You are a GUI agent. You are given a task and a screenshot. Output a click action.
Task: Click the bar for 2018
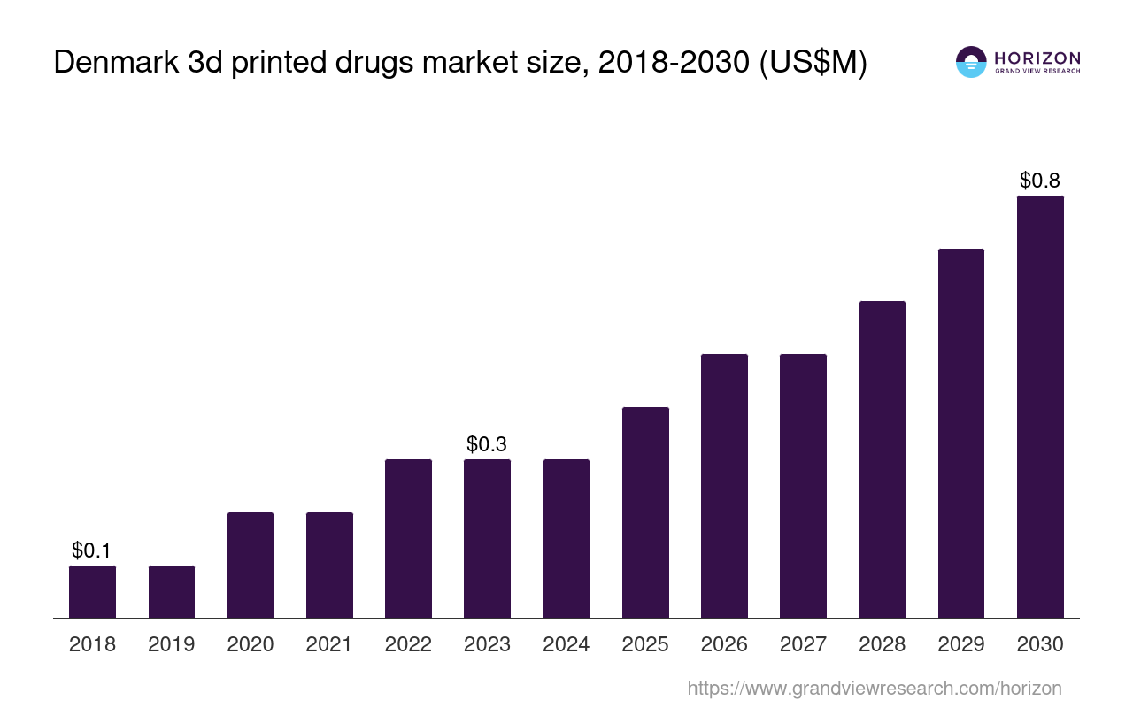92,591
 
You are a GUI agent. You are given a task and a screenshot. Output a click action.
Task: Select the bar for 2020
250,565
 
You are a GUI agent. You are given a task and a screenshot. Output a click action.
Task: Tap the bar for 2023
487,538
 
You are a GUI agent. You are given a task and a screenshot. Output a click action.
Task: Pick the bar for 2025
645,512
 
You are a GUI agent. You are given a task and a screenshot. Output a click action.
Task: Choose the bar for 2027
803,485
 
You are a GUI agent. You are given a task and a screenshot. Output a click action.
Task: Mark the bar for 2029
961,433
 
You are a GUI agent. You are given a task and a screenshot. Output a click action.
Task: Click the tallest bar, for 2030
1040,406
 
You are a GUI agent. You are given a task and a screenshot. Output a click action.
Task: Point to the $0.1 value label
92,550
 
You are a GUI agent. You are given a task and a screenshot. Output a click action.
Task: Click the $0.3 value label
487,443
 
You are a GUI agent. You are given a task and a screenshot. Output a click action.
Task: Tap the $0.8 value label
1040,181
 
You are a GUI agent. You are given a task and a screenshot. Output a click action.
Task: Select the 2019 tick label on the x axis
172,644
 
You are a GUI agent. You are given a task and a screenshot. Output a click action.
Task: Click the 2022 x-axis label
408,644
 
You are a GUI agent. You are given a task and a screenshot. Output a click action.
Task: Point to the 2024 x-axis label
566,644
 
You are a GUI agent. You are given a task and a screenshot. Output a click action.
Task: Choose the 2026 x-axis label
724,644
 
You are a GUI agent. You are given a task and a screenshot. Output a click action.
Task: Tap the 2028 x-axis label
883,644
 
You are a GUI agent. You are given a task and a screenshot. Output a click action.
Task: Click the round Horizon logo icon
971,62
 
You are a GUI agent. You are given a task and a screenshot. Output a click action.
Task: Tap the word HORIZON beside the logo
1037,58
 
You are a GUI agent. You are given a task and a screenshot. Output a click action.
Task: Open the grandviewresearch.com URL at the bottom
875,688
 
